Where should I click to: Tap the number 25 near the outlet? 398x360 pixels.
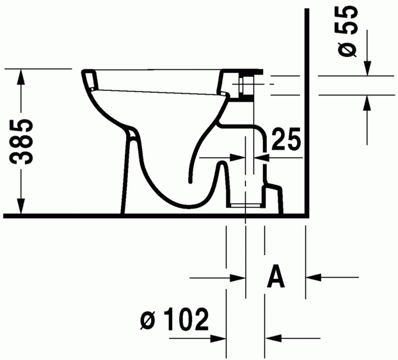click(285, 139)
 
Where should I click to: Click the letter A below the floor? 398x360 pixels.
click(275, 277)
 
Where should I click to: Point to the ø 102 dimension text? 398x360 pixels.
click(174, 318)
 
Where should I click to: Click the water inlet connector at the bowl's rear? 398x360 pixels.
click(246, 84)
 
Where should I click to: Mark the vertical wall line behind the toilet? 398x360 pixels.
click(308, 115)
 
